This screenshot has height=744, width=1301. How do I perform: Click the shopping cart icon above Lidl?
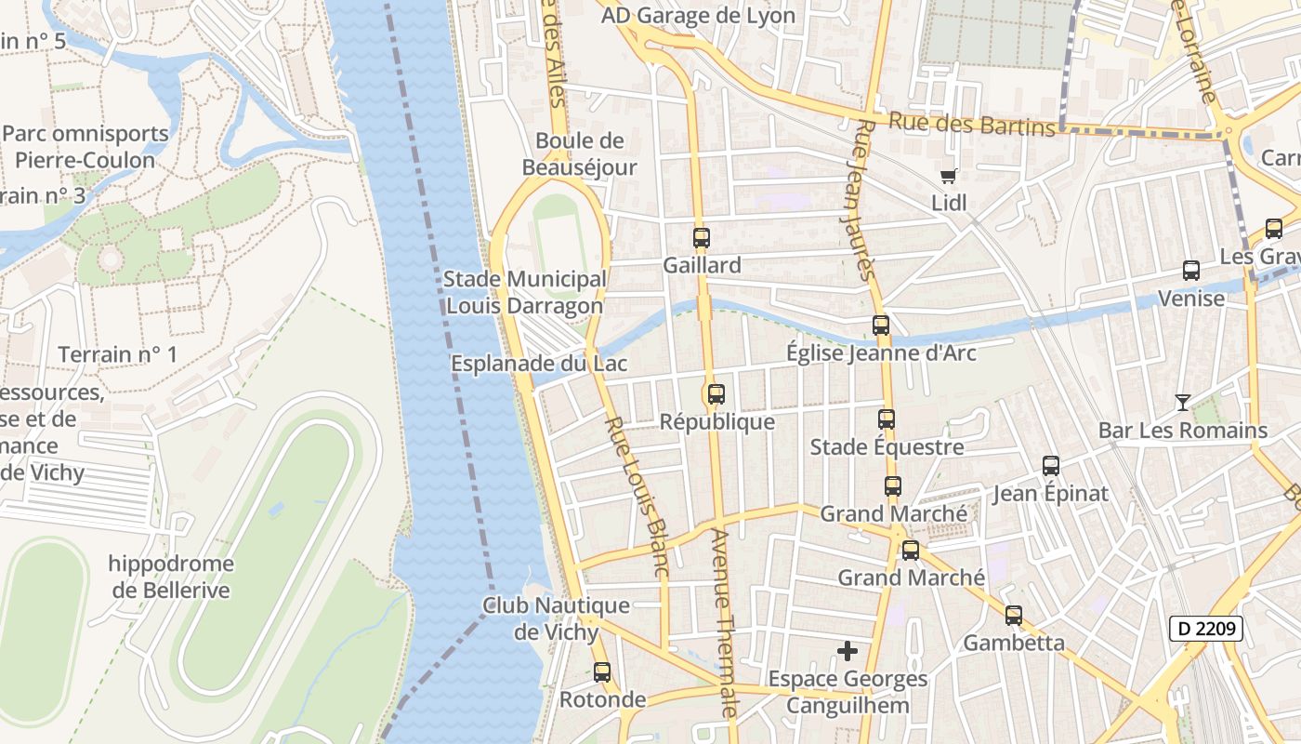pos(948,176)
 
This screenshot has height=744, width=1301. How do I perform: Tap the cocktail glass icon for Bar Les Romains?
pos(1182,402)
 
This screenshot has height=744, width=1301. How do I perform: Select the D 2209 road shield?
pos(1205,630)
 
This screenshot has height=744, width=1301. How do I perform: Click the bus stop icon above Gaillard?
pos(702,238)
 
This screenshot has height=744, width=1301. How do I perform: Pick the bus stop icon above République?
pos(716,394)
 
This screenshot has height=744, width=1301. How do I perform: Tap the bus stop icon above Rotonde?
pos(602,671)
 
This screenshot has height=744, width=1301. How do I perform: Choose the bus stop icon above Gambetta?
pos(1013,616)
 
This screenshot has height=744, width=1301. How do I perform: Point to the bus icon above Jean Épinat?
pos(1051,466)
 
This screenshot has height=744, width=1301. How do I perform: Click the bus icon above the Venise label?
pos(1191,271)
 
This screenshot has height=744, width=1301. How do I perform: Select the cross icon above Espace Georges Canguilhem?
pos(848,651)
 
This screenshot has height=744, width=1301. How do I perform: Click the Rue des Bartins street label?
pos(972,124)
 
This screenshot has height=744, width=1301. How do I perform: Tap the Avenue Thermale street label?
pos(723,623)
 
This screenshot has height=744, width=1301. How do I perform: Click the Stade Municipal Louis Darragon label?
pos(525,292)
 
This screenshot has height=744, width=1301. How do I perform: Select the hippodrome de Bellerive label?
pos(171,577)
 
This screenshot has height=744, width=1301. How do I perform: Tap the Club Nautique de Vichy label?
pos(556,618)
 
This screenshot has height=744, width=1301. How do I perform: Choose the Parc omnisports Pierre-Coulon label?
pos(85,146)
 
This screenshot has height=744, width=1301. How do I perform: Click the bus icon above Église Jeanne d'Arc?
pos(881,325)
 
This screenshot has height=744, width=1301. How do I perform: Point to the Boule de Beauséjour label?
pos(579,153)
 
